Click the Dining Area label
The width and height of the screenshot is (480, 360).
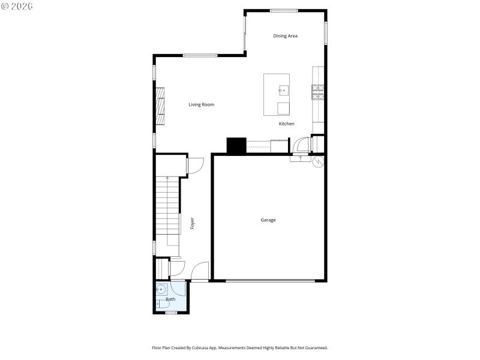point(285,36)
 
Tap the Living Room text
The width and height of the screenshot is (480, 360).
point(201,105)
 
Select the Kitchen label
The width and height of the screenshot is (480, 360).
point(286,124)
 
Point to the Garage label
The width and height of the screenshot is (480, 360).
point(268,220)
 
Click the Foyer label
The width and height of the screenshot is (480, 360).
point(192,223)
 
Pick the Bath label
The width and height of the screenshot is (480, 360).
point(171,299)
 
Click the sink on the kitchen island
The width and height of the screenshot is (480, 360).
point(283,91)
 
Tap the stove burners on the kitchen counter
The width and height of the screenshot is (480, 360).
point(318,91)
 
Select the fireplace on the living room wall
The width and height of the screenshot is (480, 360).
point(160,105)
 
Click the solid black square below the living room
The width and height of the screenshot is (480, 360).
point(236,146)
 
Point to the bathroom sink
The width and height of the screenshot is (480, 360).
point(160,289)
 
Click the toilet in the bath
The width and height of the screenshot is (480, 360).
point(160,305)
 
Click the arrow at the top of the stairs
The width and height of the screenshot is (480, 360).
point(167,179)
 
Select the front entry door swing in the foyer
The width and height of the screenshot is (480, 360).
point(200,271)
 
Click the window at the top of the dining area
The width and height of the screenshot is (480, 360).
point(284,10)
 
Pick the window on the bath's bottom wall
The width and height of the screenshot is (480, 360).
point(171,313)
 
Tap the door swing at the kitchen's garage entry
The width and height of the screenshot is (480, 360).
point(302,146)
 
